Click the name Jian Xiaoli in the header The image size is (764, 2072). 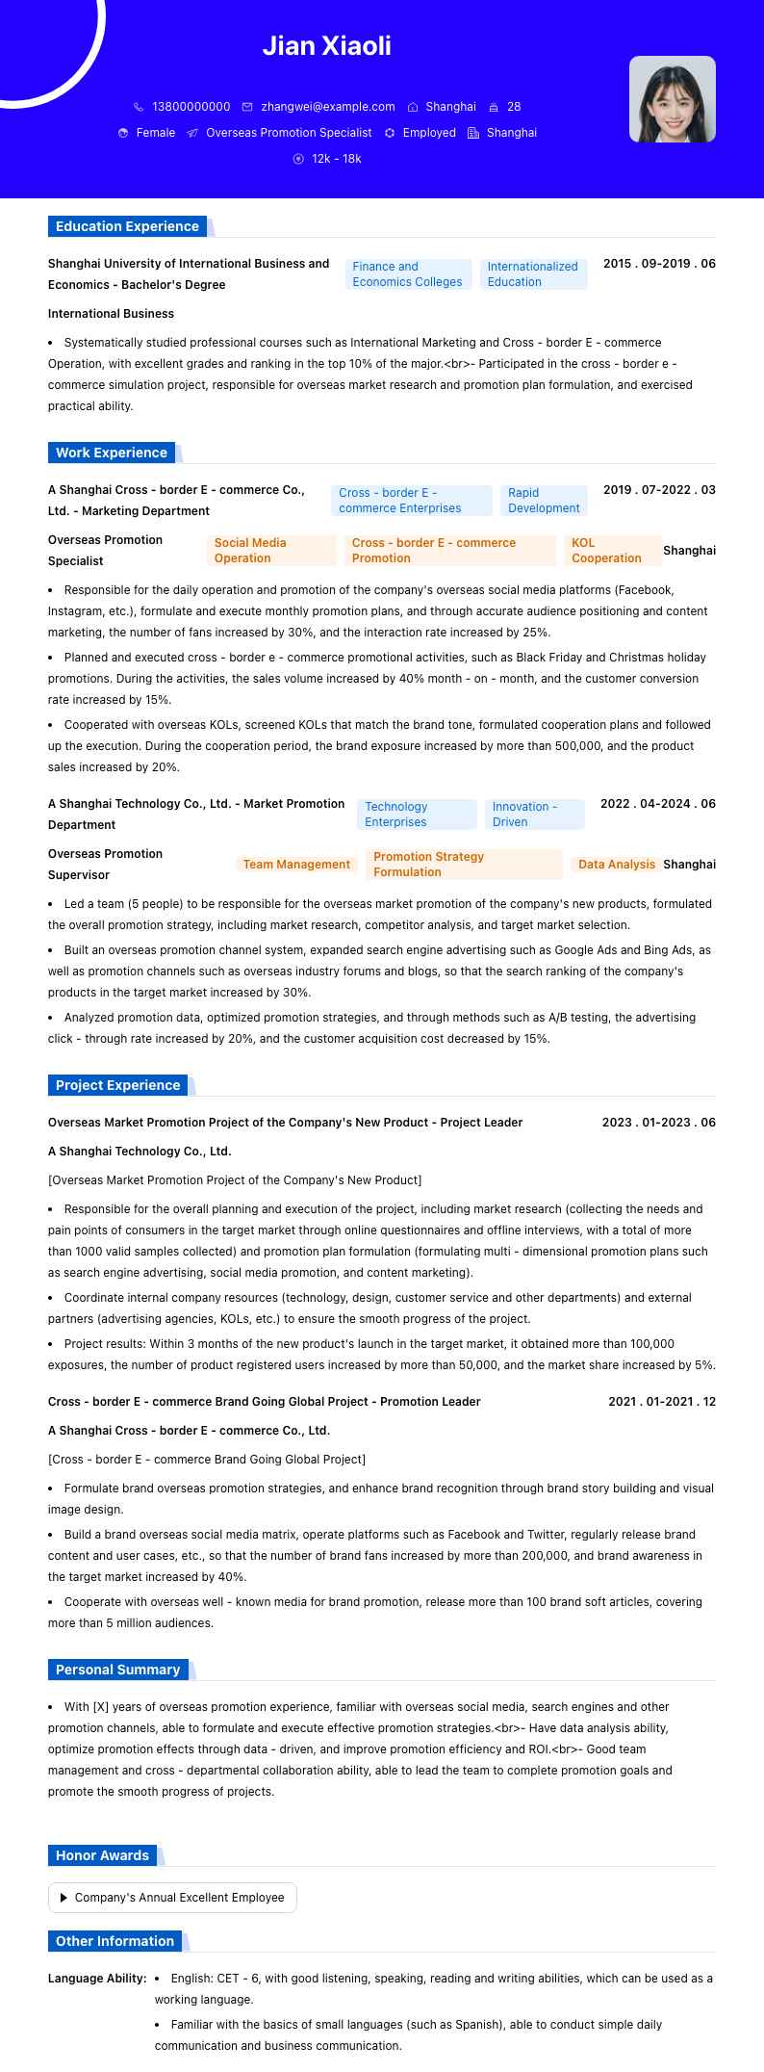[327, 46]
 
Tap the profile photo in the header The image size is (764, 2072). [672, 99]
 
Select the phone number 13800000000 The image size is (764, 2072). [191, 107]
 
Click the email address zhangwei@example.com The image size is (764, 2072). [327, 107]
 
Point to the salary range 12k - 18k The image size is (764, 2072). [336, 159]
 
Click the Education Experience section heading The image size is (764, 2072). [127, 227]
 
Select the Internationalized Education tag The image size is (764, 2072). [532, 274]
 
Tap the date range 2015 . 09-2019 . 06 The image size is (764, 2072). [659, 264]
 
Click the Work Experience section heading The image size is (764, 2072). [112, 453]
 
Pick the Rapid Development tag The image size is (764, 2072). [544, 501]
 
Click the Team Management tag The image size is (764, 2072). [296, 865]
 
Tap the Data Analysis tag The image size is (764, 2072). [616, 865]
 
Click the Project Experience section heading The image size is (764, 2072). [117, 1086]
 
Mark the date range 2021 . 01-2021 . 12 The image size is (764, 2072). [662, 1402]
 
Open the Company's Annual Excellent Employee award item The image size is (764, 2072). [173, 1898]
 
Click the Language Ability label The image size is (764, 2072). [97, 1979]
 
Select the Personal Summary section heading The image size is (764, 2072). [117, 1671]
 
